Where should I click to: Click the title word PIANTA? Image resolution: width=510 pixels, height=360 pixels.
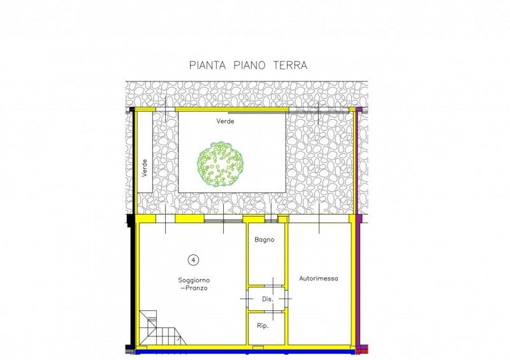(x=208, y=65)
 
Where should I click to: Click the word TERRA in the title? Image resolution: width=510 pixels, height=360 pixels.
(x=290, y=65)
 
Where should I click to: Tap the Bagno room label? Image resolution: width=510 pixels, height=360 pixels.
(x=265, y=240)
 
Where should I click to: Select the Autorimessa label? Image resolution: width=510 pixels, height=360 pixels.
(x=318, y=278)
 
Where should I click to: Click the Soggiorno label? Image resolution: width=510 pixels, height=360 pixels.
(x=194, y=280)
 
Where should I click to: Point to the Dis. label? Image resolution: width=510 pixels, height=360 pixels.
(x=268, y=299)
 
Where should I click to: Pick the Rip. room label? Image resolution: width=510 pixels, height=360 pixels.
(x=263, y=326)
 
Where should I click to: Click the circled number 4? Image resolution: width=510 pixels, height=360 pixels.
(x=193, y=260)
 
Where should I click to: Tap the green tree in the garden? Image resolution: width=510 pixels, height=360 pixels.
(x=221, y=164)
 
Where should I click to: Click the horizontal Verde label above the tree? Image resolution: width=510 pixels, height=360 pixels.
(x=225, y=121)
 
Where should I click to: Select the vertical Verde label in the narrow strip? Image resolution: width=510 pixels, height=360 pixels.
(x=145, y=168)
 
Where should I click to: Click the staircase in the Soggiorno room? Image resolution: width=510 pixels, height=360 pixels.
(x=162, y=328)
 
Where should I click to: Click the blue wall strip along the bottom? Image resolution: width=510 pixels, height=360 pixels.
(x=245, y=351)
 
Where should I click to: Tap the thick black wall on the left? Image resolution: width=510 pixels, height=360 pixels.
(x=133, y=227)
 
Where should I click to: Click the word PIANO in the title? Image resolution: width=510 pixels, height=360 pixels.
(x=249, y=65)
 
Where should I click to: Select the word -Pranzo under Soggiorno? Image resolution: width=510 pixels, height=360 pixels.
(x=194, y=289)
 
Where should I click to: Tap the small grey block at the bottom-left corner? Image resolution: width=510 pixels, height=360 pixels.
(x=130, y=351)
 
